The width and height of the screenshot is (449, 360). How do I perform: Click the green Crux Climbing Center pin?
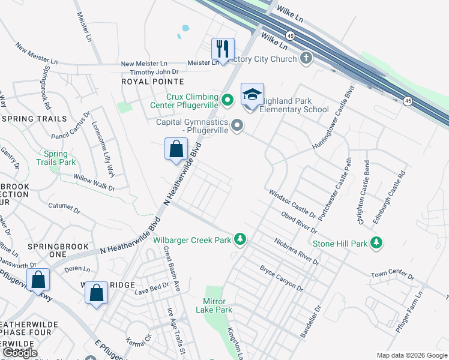click(x=228, y=100)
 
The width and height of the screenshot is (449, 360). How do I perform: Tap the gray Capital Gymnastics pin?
click(x=238, y=125)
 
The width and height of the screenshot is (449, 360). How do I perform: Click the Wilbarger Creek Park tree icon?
click(x=240, y=240)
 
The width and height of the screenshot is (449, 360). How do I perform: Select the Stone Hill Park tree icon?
click(x=376, y=243)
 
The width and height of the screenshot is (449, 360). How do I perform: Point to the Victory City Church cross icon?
click(x=306, y=59)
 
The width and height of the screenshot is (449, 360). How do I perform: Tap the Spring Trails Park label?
click(x=56, y=158)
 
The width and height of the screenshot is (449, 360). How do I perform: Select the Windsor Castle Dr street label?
click(x=292, y=203)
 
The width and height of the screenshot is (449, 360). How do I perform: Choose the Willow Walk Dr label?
click(x=94, y=183)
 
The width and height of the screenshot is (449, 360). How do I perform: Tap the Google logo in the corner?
click(x=20, y=353)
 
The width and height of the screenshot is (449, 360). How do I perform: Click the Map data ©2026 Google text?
click(x=412, y=355)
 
